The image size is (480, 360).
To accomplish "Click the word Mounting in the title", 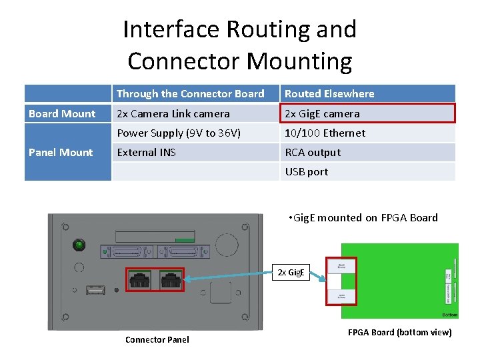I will (x=299, y=61).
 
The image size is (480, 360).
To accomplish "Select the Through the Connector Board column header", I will (x=190, y=94).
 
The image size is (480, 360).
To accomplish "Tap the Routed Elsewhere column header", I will (x=329, y=94).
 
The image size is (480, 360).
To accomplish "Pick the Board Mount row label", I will (x=62, y=114).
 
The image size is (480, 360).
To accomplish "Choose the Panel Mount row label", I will (x=61, y=153).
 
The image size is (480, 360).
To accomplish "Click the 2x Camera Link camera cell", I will (x=173, y=114).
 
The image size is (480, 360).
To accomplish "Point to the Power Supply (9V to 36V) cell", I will (x=179, y=133).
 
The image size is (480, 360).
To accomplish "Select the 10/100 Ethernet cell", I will (x=325, y=133).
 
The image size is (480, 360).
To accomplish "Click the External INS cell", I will (x=147, y=153).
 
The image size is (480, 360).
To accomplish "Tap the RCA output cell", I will (x=313, y=153).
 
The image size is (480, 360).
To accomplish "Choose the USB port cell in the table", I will (x=307, y=172).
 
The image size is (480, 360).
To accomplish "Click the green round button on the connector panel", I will (x=80, y=245).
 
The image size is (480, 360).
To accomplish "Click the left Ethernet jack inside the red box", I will (x=140, y=281).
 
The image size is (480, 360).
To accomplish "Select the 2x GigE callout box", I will (x=291, y=272).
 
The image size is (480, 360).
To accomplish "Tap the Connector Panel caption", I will (x=157, y=340).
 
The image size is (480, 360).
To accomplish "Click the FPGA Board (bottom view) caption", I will (x=399, y=333).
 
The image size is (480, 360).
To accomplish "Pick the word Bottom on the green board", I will (x=450, y=314).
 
